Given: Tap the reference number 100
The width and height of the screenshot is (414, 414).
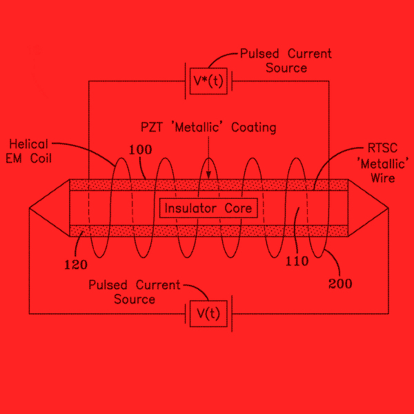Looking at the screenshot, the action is pyautogui.click(x=141, y=150).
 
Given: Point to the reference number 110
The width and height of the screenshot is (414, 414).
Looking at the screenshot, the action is pyautogui.click(x=297, y=261).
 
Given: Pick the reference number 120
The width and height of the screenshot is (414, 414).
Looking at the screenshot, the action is pyautogui.click(x=76, y=264).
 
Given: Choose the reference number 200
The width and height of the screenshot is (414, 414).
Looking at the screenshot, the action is pyautogui.click(x=340, y=284).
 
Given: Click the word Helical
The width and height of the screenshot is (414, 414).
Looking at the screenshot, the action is pyautogui.click(x=28, y=144).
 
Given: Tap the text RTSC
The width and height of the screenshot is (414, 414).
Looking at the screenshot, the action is pyautogui.click(x=382, y=148).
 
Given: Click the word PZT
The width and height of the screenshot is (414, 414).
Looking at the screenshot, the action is pyautogui.click(x=152, y=127).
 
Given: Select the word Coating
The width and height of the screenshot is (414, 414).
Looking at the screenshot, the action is pyautogui.click(x=254, y=128).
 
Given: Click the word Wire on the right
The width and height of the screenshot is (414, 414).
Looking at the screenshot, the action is pyautogui.click(x=383, y=178).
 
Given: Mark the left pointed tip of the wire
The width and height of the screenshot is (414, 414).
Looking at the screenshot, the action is pyautogui.click(x=29, y=208).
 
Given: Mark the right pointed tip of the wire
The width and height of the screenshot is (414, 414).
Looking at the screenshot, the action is pyautogui.click(x=388, y=208).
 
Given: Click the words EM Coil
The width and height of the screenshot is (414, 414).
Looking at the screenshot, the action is pyautogui.click(x=28, y=159).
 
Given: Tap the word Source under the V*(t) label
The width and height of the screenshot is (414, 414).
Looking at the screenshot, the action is pyautogui.click(x=286, y=68).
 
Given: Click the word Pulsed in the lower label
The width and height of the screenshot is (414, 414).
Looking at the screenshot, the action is pyautogui.click(x=108, y=285).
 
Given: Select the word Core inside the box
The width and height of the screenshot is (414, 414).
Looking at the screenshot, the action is pyautogui.click(x=239, y=208).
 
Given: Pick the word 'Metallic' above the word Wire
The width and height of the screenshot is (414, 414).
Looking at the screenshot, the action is pyautogui.click(x=383, y=164).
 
